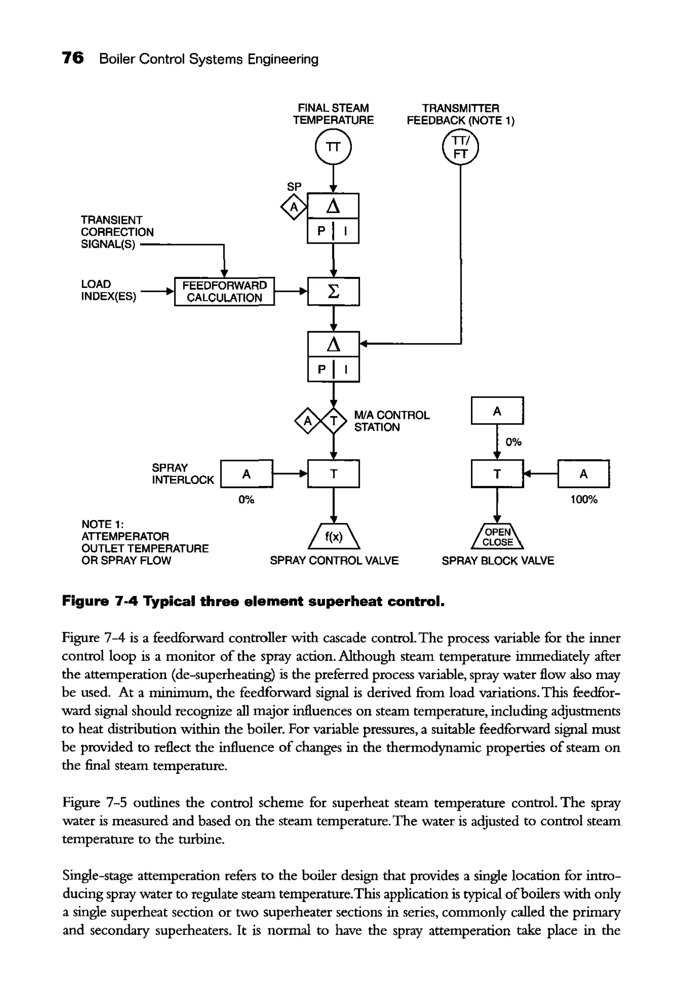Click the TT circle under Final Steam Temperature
coord(333,147)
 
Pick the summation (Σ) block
coord(333,291)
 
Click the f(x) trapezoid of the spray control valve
coord(333,537)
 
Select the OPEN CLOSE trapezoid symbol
coord(498,537)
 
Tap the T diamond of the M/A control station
coord(333,420)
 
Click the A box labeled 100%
coord(583,474)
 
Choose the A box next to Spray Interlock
coord(246,474)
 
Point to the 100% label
coord(583,500)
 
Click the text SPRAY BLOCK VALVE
coord(498,561)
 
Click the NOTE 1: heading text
coord(103,524)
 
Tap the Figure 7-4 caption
coord(253,601)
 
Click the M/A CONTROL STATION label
coord(391,421)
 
